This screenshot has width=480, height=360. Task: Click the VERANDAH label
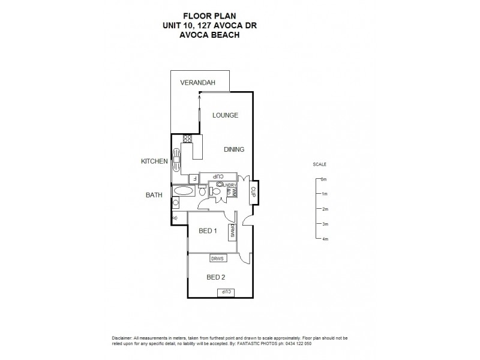[x=193, y=83]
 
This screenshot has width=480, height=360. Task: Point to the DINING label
[x=234, y=149]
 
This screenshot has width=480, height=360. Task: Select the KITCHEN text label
[x=154, y=161]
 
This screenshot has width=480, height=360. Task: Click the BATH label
[x=154, y=195]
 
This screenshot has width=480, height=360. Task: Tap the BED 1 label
[x=208, y=230]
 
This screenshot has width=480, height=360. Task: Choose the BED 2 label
[x=215, y=277]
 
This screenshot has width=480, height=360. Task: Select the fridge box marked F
[x=194, y=178]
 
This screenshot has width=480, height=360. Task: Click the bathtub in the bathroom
[x=183, y=191]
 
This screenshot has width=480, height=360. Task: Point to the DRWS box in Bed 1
[x=232, y=232]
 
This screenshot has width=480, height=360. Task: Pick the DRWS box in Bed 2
[x=218, y=259]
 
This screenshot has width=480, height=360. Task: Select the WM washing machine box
[x=235, y=192]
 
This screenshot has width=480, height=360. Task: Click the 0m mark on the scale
[x=323, y=179]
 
